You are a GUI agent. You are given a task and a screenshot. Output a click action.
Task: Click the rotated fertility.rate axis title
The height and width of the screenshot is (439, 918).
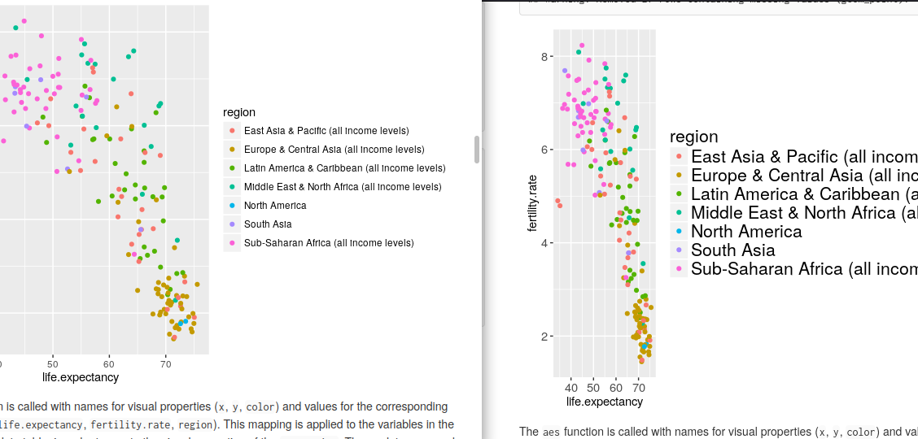tap(533, 207)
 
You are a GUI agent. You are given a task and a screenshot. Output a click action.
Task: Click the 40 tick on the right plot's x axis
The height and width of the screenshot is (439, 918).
tap(571, 388)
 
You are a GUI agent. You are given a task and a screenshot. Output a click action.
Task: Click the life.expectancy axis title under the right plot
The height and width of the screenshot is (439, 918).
tap(604, 402)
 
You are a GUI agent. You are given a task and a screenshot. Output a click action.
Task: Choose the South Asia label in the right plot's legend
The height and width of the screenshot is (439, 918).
tap(732, 250)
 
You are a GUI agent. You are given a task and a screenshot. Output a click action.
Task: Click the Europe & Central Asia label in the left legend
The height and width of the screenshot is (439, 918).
tap(334, 150)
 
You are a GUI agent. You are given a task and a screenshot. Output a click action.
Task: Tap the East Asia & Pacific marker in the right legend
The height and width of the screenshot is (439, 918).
tap(679, 157)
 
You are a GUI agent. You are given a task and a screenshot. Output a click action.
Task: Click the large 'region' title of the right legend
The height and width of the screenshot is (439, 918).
tap(693, 137)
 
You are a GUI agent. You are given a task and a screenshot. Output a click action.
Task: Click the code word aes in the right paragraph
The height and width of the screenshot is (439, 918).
tap(551, 432)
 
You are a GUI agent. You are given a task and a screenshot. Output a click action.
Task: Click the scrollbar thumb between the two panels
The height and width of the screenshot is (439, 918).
tap(477, 149)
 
